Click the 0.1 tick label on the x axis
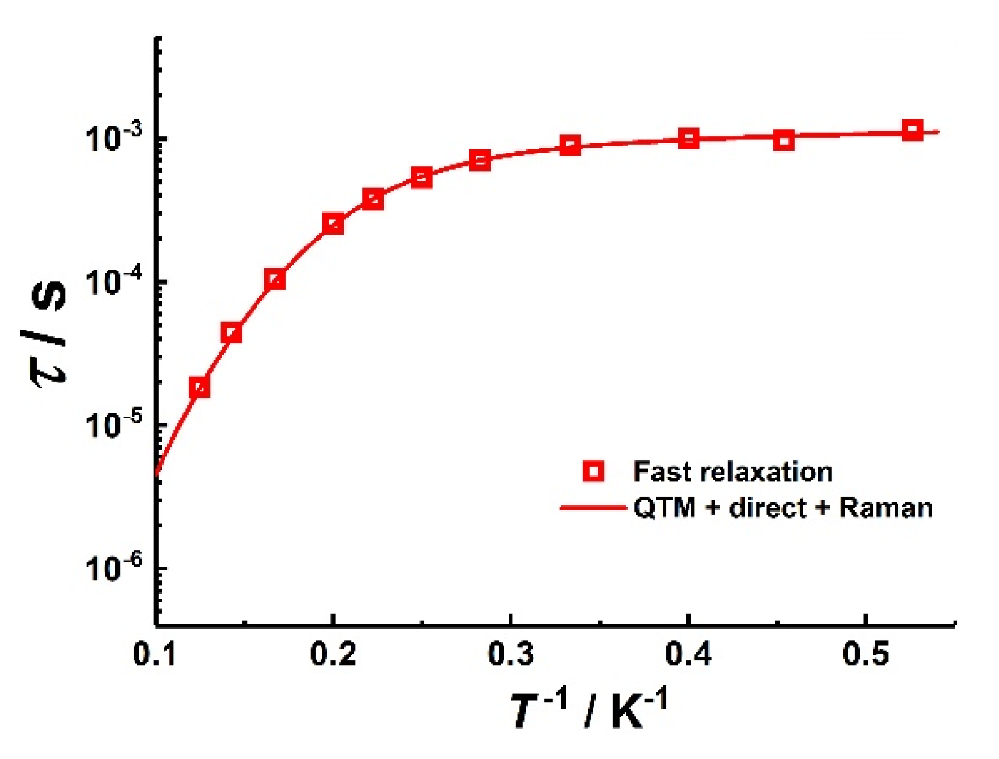tap(154, 654)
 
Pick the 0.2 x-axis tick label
tap(333, 654)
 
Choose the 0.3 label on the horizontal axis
tap(511, 654)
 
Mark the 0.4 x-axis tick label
tap(688, 654)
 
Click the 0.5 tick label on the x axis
tap(865, 654)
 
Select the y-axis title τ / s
tap(49, 334)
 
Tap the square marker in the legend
tap(593, 471)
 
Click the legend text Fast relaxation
tap(732, 472)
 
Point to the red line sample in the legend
tap(592, 507)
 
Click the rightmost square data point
tap(913, 130)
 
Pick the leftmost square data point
tap(200, 387)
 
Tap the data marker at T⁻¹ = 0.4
tap(689, 138)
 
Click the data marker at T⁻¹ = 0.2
tap(333, 224)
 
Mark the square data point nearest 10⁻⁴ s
tap(276, 279)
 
